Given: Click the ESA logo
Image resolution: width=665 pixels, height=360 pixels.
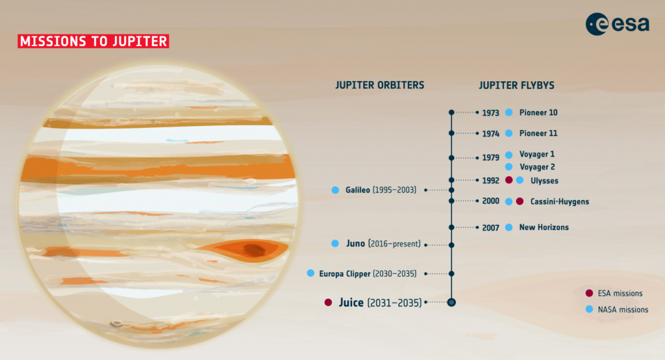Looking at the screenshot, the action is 617,24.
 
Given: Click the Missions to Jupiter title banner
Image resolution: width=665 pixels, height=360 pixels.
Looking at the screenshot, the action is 94,41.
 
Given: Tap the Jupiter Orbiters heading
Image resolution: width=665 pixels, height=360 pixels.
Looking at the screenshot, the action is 379,85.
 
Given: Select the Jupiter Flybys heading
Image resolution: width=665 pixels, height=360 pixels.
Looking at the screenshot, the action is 516,85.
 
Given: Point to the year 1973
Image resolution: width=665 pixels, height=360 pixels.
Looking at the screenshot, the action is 491,113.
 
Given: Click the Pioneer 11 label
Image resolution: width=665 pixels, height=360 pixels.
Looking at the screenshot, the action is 538,133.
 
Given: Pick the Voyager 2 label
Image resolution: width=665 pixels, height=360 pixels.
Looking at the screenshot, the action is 537,167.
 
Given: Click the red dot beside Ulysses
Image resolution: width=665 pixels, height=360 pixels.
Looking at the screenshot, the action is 509,180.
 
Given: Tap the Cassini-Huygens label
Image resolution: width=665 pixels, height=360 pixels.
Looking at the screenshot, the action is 559,201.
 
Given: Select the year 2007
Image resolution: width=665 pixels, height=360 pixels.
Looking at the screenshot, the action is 491,228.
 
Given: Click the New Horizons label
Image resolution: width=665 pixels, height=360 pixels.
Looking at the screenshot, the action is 544,227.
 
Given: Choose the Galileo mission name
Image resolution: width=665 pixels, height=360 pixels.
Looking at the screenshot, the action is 358,190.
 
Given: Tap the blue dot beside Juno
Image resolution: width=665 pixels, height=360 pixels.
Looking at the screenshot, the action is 335,243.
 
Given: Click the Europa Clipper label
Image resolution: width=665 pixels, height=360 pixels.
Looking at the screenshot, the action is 345,274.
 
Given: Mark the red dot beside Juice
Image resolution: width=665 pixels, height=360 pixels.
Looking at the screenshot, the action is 328,302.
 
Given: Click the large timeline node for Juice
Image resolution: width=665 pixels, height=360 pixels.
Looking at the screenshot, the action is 451,302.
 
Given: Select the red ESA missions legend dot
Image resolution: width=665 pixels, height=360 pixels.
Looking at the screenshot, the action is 589,293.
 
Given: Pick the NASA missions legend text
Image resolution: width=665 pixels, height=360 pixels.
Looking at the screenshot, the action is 623,310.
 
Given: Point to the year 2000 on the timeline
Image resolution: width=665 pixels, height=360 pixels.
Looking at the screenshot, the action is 491,201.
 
